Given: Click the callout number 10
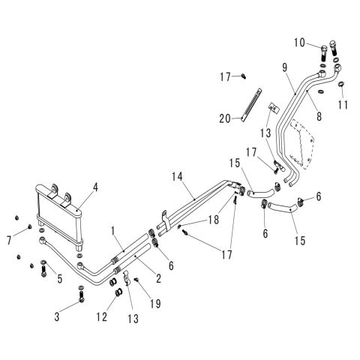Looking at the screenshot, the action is click(x=299, y=43).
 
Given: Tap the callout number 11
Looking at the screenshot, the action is click(x=343, y=105).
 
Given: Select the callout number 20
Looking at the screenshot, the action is click(x=225, y=118).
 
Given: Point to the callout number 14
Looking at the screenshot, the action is click(x=177, y=176).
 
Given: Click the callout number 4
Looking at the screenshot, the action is click(x=95, y=187).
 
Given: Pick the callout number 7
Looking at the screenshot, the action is click(x=9, y=241).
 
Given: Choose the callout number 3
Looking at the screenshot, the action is click(x=57, y=316).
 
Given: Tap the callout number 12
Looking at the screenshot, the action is click(x=102, y=316).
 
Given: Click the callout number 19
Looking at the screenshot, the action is click(x=155, y=304).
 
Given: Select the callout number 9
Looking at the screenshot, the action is click(x=285, y=67).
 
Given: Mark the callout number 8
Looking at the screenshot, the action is click(x=319, y=116).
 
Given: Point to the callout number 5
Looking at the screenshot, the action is click(x=59, y=279).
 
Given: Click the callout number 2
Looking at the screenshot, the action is click(x=158, y=278).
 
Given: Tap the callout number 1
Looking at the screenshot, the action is click(x=113, y=231).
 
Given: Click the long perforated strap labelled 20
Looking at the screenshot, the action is click(x=251, y=105).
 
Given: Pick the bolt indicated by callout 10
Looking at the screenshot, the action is click(x=324, y=52).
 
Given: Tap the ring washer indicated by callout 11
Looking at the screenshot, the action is click(x=341, y=84).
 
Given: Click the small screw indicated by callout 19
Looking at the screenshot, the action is click(x=136, y=280).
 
